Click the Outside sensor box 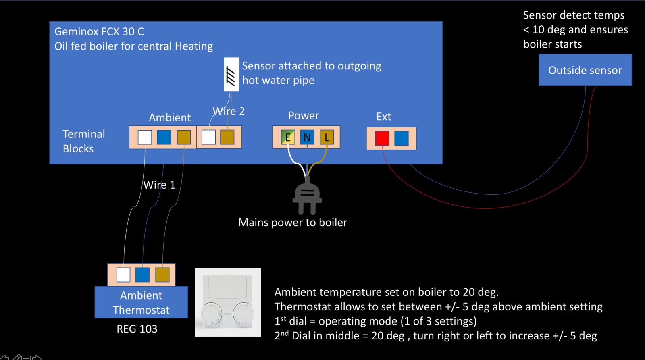[585, 70]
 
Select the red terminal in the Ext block [382, 138]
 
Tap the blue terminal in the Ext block [401, 138]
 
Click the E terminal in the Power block [288, 137]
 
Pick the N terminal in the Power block [307, 137]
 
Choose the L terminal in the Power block [327, 137]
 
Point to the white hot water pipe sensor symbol [231, 75]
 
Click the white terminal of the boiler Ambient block [145, 137]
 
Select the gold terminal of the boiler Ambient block [184, 137]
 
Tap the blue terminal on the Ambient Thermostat [142, 275]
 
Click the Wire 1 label [159, 185]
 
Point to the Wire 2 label [229, 111]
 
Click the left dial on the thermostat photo [211, 314]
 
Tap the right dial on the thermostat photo [243, 313]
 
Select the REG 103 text [137, 329]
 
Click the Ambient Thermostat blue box [141, 302]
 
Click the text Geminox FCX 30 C [99, 31]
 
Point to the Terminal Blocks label [83, 141]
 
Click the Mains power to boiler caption [293, 223]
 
